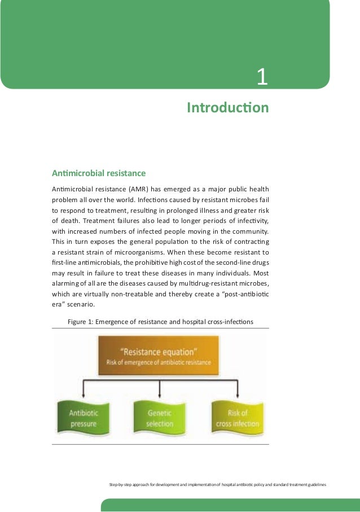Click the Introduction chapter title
point(227,107)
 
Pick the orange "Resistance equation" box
point(159,356)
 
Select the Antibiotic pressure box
point(84,418)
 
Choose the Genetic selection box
point(160,418)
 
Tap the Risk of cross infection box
point(237,418)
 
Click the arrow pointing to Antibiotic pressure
point(84,391)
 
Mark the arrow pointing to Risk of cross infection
point(237,391)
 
